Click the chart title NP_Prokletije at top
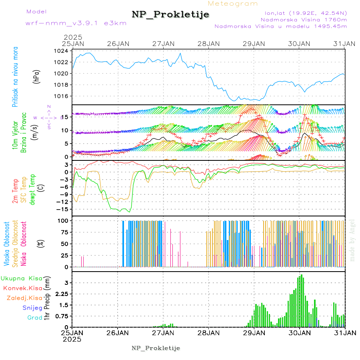pyautogui.click(x=170, y=15)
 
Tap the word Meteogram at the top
pyautogui.click(x=233, y=4)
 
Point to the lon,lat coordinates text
pyautogui.click(x=303, y=13)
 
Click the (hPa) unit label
pyautogui.click(x=36, y=76)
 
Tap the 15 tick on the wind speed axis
pyautogui.click(x=65, y=116)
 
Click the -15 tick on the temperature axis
pyautogui.click(x=63, y=209)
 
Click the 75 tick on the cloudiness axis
pyautogui.click(x=64, y=232)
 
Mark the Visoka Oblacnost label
pyautogui.click(x=7, y=243)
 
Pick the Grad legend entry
pyautogui.click(x=35, y=318)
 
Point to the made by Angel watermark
pyautogui.click(x=352, y=240)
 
